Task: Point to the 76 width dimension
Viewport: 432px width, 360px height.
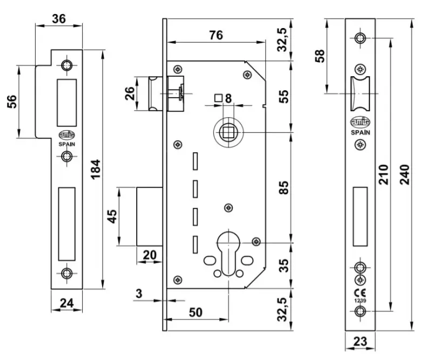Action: (216, 35)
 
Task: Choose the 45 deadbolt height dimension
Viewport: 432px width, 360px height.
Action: (112, 216)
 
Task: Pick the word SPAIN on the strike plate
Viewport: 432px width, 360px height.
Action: (67, 144)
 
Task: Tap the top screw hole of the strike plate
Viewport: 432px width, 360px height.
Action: (67, 65)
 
